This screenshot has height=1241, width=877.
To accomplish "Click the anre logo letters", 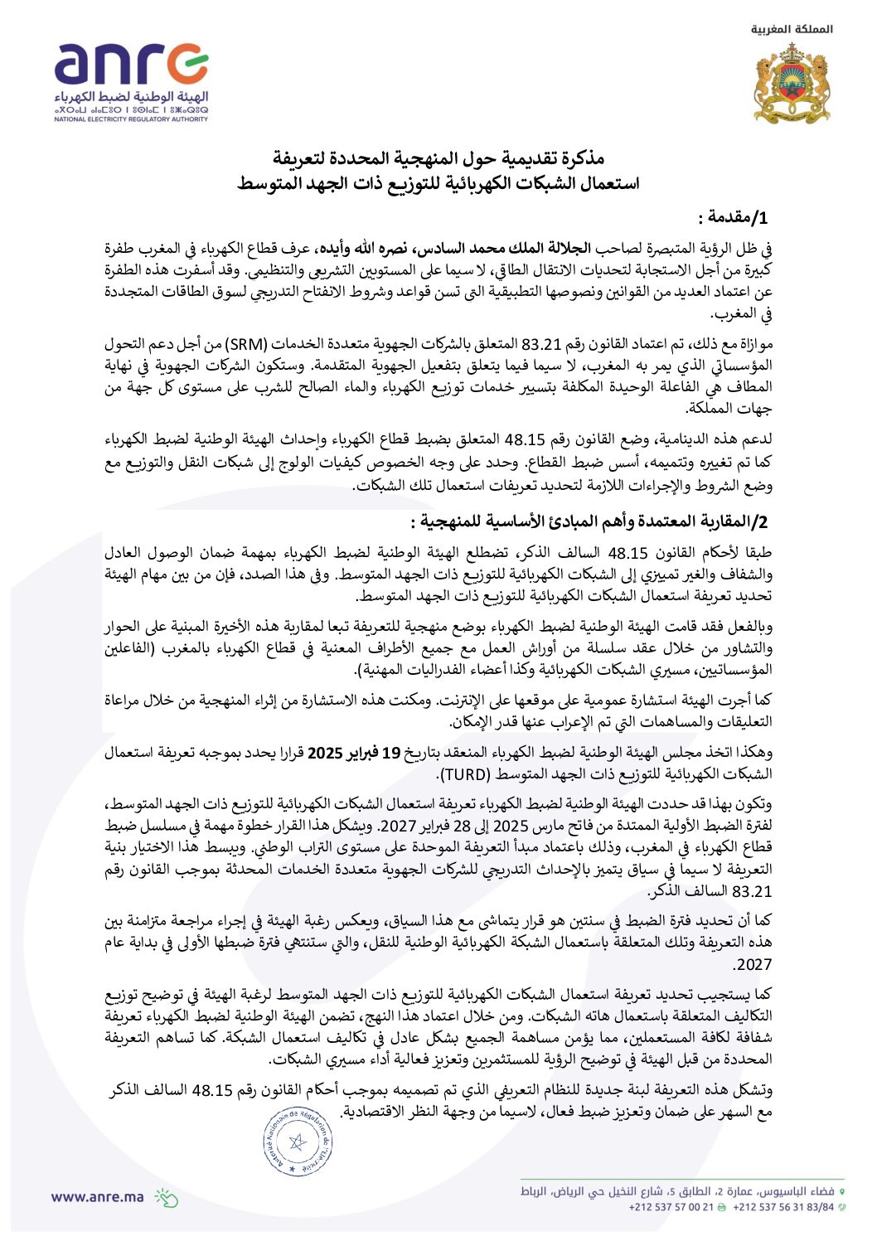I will click(131, 65).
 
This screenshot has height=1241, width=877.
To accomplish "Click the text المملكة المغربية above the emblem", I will click(792, 29).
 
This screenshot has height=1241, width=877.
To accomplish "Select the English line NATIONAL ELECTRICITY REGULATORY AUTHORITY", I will click(131, 119).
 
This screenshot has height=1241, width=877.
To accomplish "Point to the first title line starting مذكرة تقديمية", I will click(438, 158).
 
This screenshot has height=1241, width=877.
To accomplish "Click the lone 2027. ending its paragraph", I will click(753, 965).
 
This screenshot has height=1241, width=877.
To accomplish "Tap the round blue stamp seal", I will click(297, 1142).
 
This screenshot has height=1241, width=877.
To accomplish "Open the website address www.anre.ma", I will click(97, 1196).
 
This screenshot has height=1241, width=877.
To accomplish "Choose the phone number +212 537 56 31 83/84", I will click(783, 1207).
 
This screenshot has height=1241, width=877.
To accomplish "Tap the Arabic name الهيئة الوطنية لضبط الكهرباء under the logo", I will click(131, 98).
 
